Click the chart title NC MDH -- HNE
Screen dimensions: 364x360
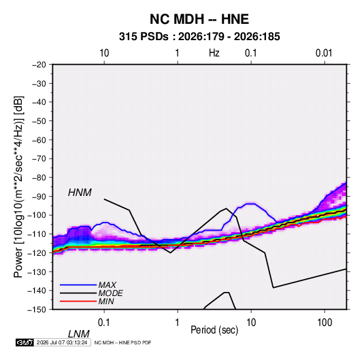199,19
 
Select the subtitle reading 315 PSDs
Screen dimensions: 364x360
144,37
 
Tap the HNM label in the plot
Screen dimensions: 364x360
80,193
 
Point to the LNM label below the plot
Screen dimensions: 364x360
78,334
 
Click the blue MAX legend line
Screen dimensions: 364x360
78,285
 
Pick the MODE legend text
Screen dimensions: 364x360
110,293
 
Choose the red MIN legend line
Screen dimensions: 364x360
78,301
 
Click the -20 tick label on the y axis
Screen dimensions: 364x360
39,65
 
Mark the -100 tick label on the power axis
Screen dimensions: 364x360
37,215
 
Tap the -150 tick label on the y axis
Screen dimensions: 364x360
37,310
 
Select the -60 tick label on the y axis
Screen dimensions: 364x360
39,140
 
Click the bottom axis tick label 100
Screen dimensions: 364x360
325,323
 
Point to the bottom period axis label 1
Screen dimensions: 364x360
178,323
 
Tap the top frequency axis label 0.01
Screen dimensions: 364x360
324,53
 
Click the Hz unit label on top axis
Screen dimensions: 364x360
214,53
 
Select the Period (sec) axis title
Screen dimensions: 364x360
214,330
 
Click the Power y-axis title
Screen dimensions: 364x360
18,187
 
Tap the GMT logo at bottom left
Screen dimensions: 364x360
24,342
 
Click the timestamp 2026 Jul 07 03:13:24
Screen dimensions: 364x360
62,342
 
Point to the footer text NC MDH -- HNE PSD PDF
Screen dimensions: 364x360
122,342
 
